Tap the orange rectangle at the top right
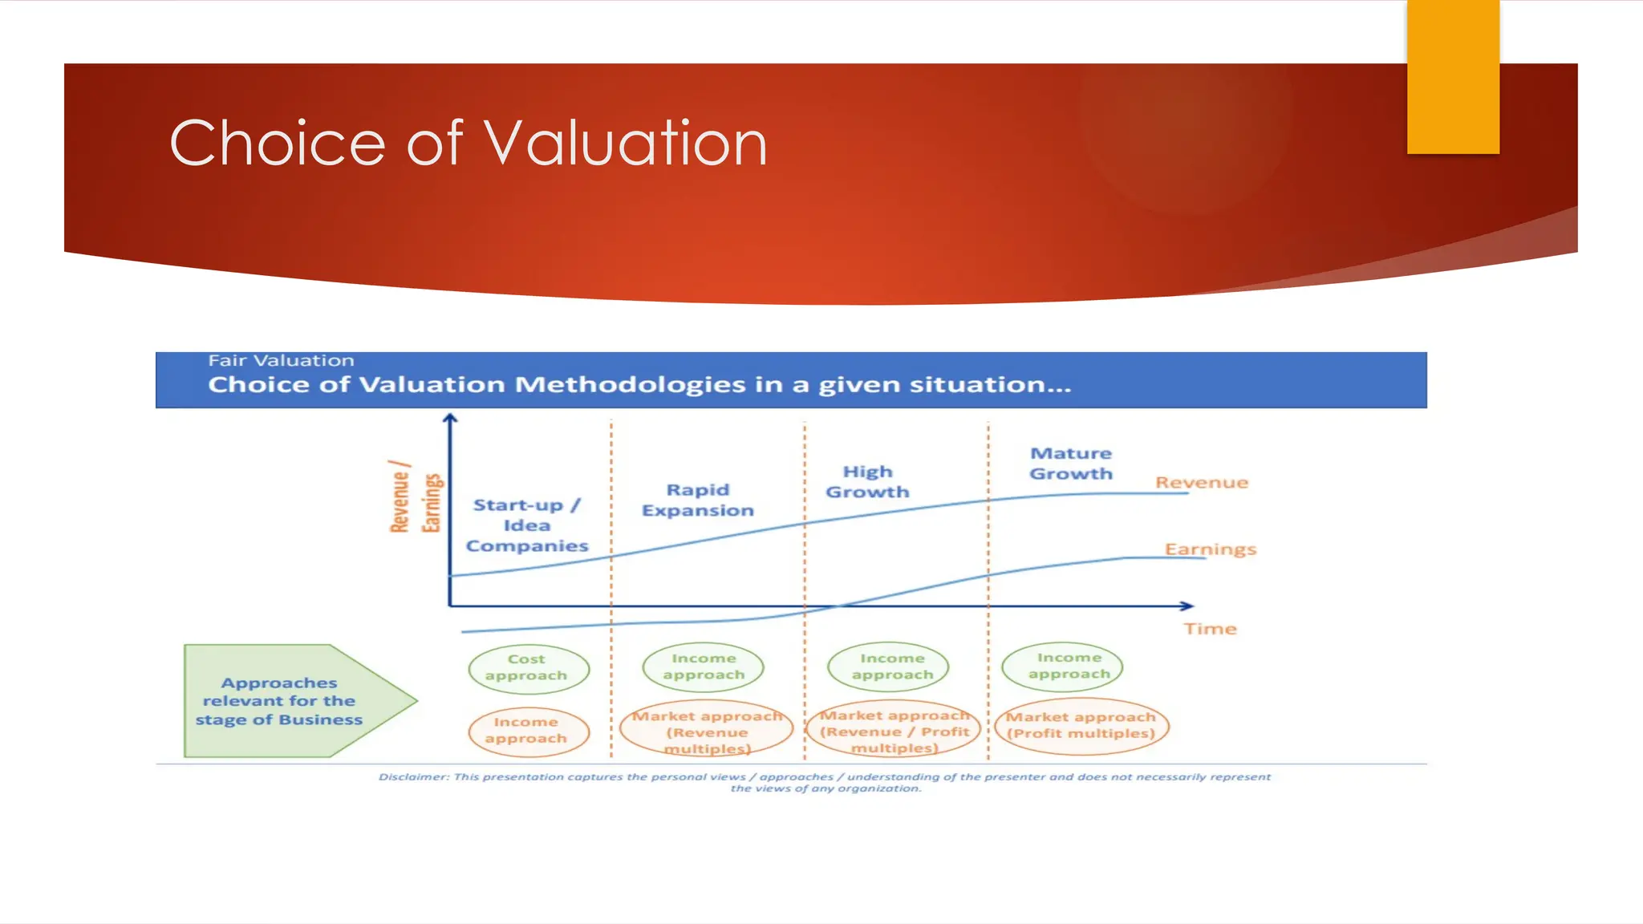click(x=1452, y=77)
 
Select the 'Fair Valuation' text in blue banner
click(x=281, y=361)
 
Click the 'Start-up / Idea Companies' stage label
click(x=527, y=525)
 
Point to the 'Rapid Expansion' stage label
click(x=697, y=500)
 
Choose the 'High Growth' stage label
click(x=867, y=481)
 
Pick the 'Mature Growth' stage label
click(x=1071, y=464)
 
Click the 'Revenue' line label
click(x=1201, y=482)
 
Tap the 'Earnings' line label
click(x=1210, y=549)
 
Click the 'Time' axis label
click(x=1210, y=629)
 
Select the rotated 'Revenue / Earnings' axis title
click(x=415, y=497)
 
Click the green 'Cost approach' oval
click(x=528, y=668)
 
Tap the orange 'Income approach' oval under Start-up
click(x=528, y=731)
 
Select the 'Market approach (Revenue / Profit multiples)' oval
click(x=894, y=731)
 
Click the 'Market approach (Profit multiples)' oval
click(x=1081, y=726)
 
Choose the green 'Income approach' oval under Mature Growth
click(x=1062, y=667)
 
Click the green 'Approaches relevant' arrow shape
click(x=289, y=701)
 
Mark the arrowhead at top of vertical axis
click(x=450, y=418)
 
